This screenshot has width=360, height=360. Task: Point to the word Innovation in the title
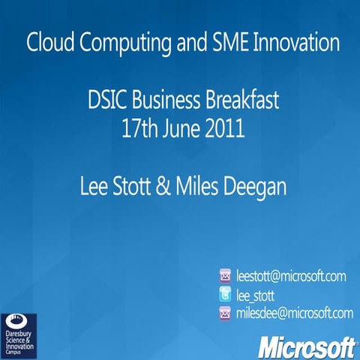[295, 43]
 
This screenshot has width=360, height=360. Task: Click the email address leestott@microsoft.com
[291, 276]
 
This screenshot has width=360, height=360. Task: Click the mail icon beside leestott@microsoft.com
[225, 276]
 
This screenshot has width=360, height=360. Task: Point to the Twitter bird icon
[225, 295]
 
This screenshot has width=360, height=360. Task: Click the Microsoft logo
[306, 346]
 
